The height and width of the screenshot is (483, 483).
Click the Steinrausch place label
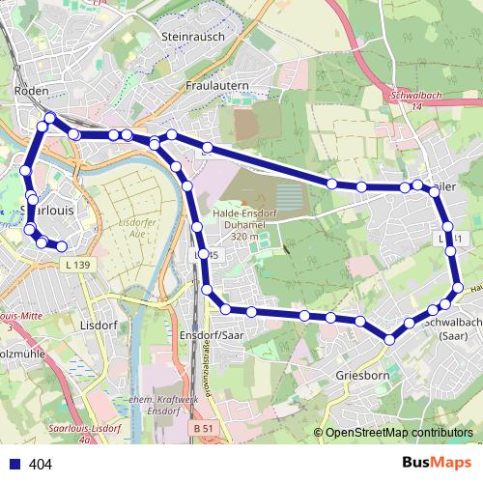(x=195, y=36)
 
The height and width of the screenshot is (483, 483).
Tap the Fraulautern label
(x=217, y=86)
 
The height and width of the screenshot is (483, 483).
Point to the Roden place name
(x=32, y=90)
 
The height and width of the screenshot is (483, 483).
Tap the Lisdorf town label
(x=99, y=325)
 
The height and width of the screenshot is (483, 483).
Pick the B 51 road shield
(x=202, y=426)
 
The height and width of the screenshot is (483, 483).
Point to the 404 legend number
(x=41, y=465)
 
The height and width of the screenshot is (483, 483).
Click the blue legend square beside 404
(x=14, y=465)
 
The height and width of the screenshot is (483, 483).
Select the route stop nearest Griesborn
(x=389, y=339)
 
